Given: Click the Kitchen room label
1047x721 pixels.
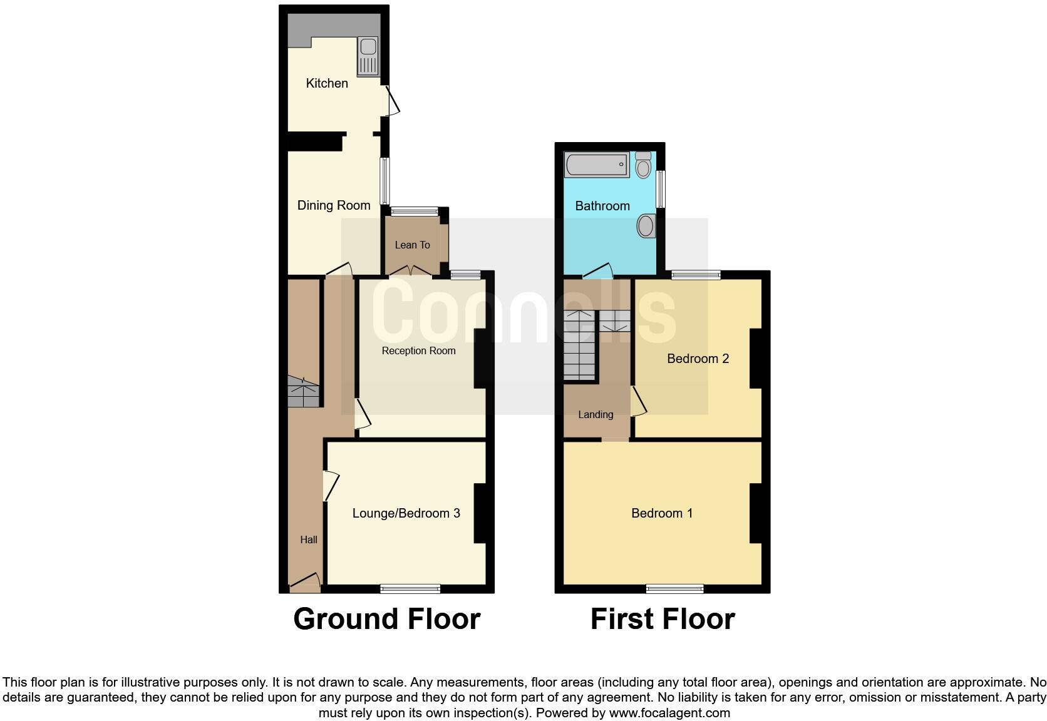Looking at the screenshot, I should coord(327,83).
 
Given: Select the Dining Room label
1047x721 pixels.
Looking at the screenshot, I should coord(334,205).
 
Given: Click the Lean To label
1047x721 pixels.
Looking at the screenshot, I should coord(412,245).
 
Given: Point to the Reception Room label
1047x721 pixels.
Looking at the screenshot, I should coord(418,350).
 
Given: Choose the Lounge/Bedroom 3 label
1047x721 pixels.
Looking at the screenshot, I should coord(406,513).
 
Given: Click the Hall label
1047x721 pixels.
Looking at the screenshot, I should coord(308,539).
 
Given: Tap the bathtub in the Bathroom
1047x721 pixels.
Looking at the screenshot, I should coord(597,165).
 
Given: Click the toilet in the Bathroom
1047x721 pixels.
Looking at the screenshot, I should coord(643,165).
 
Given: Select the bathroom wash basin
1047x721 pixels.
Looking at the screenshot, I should coord(646,225).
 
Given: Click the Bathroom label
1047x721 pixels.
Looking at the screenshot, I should coord(602,206).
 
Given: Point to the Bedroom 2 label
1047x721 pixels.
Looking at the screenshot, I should coord(698,359).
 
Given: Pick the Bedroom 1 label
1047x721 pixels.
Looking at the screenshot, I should coord(662,513).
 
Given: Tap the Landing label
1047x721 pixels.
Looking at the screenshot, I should coord(596,414).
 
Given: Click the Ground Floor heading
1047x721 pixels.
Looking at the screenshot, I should coord(386,619).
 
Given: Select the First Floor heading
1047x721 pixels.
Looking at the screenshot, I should coord(663,619).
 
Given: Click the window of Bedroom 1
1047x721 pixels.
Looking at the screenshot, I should coord(675,588).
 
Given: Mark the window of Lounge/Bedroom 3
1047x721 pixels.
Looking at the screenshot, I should coord(410,588).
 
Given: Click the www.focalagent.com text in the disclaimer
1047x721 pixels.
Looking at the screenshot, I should coord(669,712).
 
